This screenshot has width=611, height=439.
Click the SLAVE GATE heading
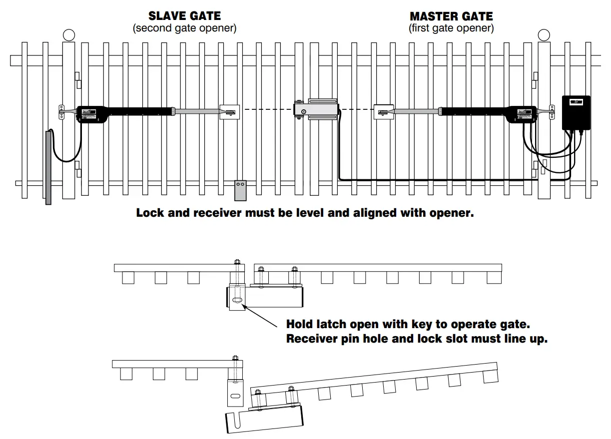tap(184, 16)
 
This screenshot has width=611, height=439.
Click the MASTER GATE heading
tap(451, 16)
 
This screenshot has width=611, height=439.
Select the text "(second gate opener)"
tap(184, 28)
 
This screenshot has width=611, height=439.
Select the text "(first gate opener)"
tap(451, 28)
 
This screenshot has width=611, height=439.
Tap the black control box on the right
tap(576, 112)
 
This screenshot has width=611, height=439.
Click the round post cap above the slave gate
tap(69, 35)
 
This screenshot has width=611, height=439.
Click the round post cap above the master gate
tap(544, 35)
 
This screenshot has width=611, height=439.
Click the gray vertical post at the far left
tap(48, 167)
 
